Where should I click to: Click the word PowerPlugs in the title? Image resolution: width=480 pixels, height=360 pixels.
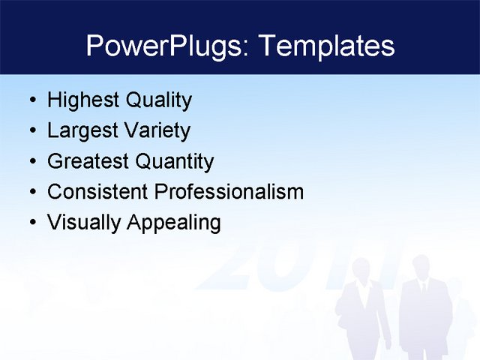tap(167, 46)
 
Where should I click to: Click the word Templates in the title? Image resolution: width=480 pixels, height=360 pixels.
tap(325, 46)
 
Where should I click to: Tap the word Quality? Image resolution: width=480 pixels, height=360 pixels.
tap(158, 100)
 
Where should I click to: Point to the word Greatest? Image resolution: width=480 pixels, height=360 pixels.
tap(88, 162)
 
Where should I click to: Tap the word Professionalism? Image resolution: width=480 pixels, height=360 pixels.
tap(229, 192)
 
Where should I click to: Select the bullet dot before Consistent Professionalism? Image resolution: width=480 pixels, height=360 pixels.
tap(31, 193)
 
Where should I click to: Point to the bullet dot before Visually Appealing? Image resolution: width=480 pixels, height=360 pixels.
tap(31, 223)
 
